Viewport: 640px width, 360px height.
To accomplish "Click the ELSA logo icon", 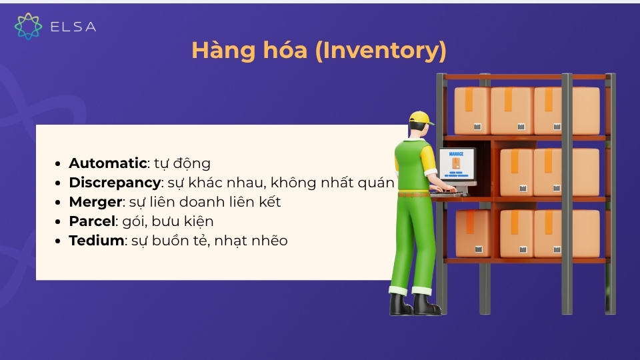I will coord(28,26).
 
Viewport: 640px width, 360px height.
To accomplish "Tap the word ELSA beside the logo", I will coord(73,27).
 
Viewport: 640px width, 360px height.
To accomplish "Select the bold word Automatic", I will coord(107,163).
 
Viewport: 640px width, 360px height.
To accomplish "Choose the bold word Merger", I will coord(96,202).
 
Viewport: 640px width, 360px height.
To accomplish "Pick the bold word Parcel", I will coord(93,221).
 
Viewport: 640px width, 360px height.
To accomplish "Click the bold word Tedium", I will coord(97,241).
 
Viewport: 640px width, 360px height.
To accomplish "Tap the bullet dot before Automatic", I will coord(60,164).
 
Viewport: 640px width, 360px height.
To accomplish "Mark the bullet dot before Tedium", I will coord(60,241).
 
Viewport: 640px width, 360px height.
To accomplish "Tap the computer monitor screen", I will coord(456,163).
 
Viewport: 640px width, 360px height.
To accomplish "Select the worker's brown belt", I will coord(413,194).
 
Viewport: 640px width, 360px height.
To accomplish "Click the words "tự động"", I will coord(182,163).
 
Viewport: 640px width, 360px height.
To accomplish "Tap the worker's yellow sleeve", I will coord(427,157).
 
